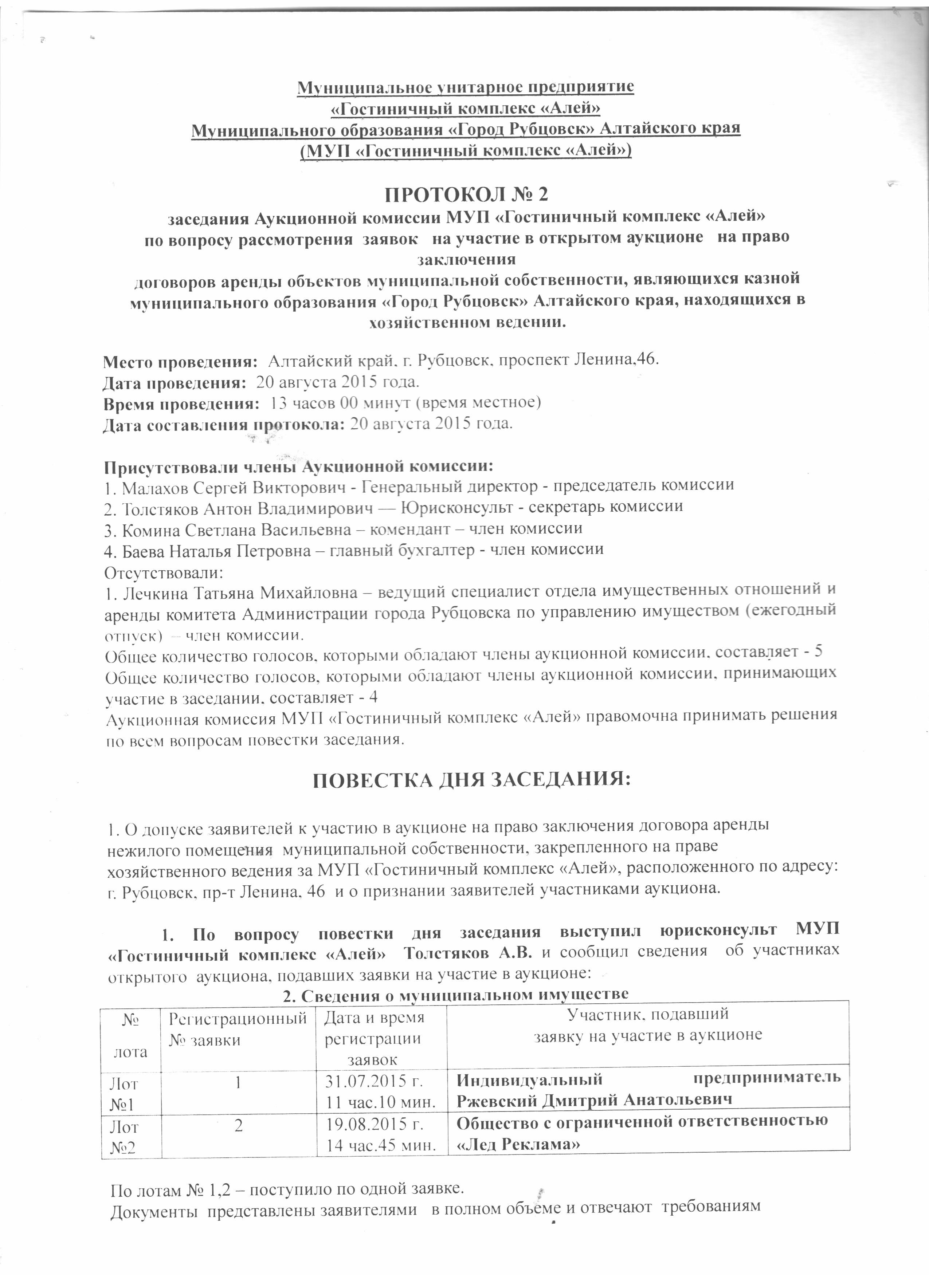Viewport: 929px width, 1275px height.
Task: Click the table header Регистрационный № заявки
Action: pyautogui.click(x=238, y=1028)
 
